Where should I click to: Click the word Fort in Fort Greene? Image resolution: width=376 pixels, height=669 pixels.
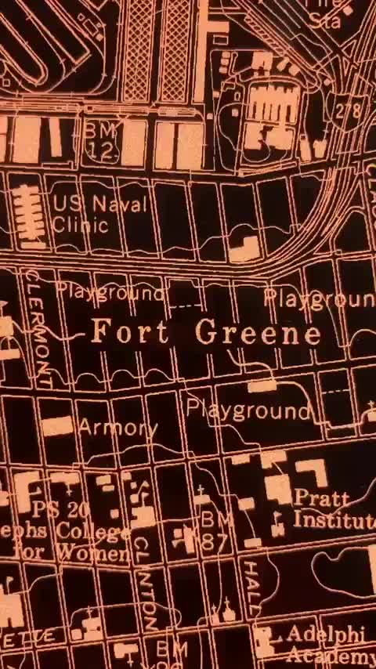tap(129, 332)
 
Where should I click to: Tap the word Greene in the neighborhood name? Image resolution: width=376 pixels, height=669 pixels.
tap(258, 333)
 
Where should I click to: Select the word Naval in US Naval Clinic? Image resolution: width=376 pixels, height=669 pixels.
tap(119, 204)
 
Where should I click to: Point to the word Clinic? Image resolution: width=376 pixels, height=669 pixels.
tap(80, 225)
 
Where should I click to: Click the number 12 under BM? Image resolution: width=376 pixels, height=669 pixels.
tap(101, 151)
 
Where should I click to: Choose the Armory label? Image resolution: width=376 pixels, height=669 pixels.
tap(117, 428)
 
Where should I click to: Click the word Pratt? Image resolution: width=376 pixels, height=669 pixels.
tap(321, 498)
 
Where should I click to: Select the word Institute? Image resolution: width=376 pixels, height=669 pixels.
tap(334, 519)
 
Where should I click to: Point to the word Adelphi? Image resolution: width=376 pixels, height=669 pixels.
tap(317, 634)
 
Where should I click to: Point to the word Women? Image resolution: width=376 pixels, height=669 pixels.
tap(97, 555)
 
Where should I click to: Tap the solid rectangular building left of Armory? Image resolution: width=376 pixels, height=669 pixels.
tap(57, 426)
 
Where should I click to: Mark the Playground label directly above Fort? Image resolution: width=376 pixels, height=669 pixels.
tap(110, 293)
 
